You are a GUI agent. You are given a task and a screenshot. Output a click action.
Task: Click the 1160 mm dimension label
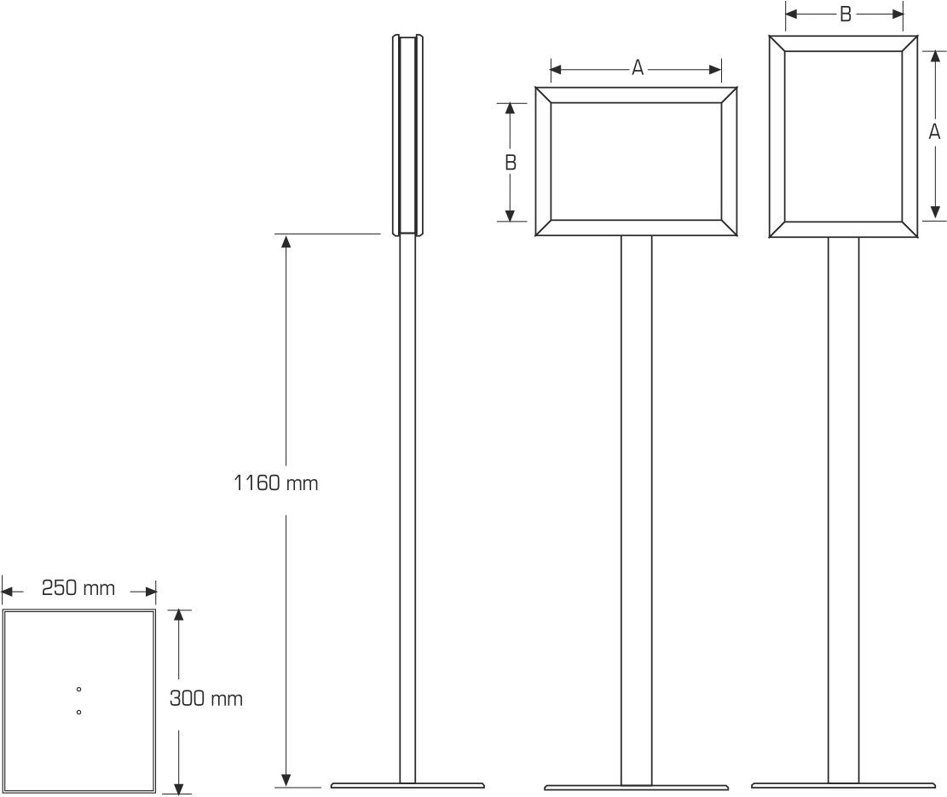tap(275, 483)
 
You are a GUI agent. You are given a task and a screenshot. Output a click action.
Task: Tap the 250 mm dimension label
tap(78, 588)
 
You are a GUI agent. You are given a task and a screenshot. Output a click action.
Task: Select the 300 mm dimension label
tap(206, 699)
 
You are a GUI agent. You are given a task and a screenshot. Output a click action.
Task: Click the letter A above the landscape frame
tap(637, 68)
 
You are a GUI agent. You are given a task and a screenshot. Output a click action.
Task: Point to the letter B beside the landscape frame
tap(511, 162)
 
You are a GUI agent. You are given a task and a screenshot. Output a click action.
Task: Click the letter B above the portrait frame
tap(845, 14)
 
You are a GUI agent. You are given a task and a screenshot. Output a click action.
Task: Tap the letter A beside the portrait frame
tap(934, 132)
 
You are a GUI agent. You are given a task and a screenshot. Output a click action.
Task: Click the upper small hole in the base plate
tap(78, 689)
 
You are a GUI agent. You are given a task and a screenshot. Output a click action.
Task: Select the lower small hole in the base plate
tap(78, 712)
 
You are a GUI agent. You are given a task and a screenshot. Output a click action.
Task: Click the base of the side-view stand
tap(407, 786)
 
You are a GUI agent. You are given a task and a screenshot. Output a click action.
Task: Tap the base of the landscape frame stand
tap(636, 788)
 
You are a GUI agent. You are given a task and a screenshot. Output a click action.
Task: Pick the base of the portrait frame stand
tap(843, 786)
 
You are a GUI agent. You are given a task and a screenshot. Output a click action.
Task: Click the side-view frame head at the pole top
tap(407, 135)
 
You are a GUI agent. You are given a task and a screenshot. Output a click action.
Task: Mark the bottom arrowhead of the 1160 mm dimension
tap(286, 779)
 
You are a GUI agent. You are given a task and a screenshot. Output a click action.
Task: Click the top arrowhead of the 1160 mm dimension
tap(286, 240)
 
